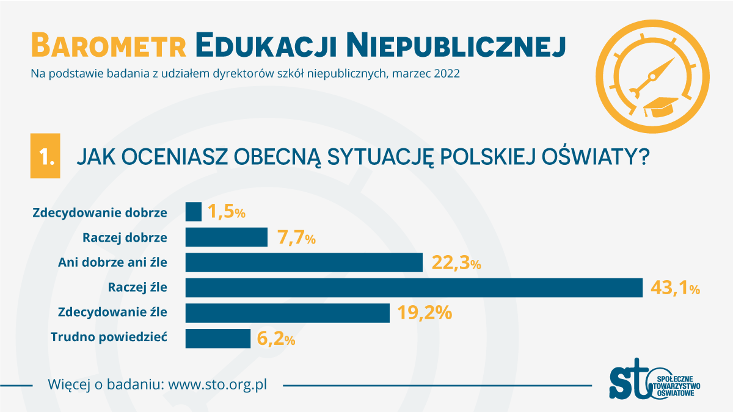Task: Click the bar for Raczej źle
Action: point(414,287)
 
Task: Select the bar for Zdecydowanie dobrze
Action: point(193,212)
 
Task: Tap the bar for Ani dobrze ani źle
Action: point(304,262)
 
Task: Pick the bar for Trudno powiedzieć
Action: point(217,339)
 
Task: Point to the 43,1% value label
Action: point(675,288)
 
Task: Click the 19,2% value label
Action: point(425,313)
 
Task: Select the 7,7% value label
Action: point(296,237)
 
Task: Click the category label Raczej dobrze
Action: point(125,237)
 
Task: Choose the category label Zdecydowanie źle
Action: point(112,313)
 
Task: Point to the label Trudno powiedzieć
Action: point(109,338)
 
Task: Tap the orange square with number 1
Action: point(45,156)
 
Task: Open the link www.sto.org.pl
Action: point(217,385)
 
